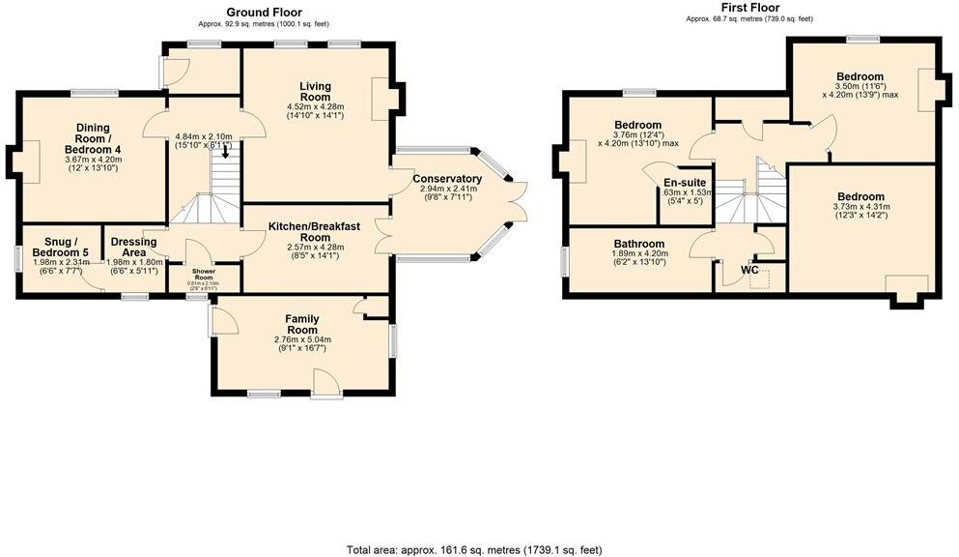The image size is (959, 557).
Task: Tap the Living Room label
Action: click(315, 92)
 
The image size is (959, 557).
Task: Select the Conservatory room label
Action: click(446, 179)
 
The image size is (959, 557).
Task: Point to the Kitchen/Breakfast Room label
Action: click(314, 231)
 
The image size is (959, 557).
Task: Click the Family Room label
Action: click(300, 324)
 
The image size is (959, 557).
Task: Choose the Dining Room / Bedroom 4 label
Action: click(92, 138)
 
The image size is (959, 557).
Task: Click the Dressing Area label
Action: click(133, 248)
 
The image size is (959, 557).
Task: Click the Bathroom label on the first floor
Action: click(638, 244)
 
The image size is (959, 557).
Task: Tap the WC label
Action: click(749, 270)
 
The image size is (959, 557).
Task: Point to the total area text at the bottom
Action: click(474, 548)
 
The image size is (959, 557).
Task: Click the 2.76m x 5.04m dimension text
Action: click(300, 339)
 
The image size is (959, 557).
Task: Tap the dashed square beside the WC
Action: click(764, 280)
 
